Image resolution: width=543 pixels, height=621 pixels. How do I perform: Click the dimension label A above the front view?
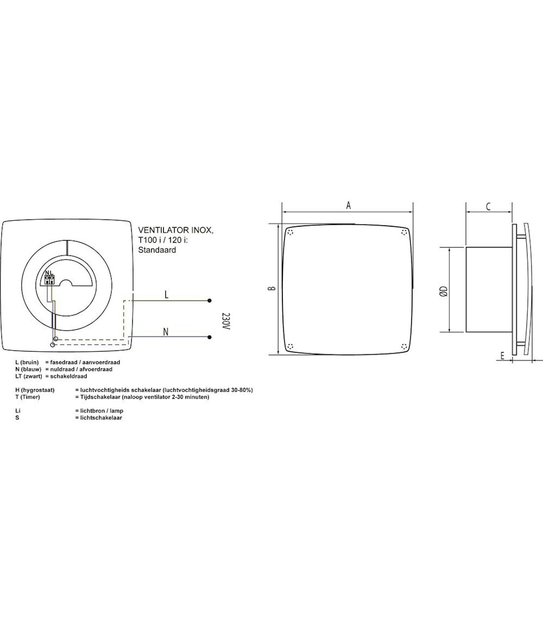(x=348, y=206)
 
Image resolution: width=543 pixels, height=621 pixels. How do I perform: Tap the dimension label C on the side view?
(x=488, y=207)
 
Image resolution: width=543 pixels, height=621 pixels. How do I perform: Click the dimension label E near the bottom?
(x=502, y=356)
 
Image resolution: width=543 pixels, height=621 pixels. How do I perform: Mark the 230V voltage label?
(x=226, y=321)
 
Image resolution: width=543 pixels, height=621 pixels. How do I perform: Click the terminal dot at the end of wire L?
(x=210, y=300)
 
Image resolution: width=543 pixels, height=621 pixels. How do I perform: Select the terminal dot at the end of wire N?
(x=210, y=337)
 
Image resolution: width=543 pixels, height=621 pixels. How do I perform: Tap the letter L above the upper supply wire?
(x=166, y=294)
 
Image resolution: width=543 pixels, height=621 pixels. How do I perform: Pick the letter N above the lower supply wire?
(x=166, y=331)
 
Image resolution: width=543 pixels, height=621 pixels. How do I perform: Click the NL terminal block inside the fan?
(x=49, y=279)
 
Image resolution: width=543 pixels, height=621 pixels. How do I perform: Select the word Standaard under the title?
(x=157, y=250)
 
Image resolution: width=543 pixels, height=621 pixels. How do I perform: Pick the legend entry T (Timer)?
(x=28, y=397)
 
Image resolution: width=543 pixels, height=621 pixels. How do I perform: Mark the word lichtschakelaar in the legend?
(x=99, y=417)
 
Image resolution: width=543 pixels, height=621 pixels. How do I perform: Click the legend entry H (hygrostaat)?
(x=35, y=390)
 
